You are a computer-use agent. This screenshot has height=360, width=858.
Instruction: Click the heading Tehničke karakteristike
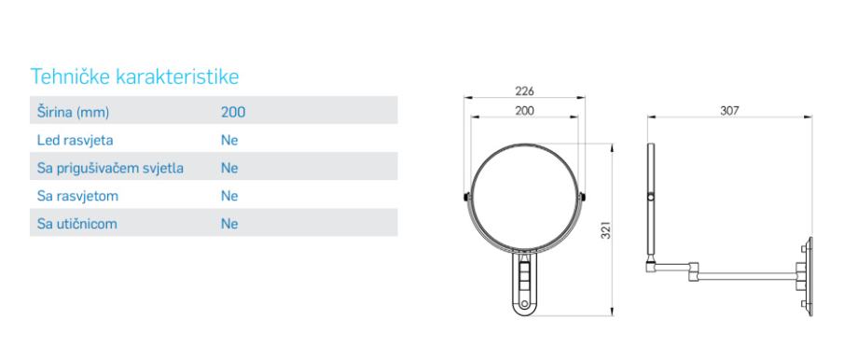(134, 76)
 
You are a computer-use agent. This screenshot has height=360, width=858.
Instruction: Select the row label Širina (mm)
(74, 112)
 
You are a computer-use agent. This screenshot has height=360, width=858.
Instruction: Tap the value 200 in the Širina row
(233, 112)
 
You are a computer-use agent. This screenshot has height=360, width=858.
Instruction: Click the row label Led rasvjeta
(75, 140)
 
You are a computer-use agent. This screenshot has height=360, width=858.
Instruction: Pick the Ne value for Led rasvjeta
(229, 140)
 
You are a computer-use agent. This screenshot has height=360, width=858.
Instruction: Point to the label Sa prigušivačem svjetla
(110, 168)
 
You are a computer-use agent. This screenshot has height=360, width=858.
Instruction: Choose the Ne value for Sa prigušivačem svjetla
(229, 168)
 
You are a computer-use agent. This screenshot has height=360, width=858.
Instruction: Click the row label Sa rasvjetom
(77, 196)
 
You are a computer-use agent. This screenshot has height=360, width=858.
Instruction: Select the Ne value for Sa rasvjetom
(229, 196)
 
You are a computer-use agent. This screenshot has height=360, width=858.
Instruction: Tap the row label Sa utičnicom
(77, 224)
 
